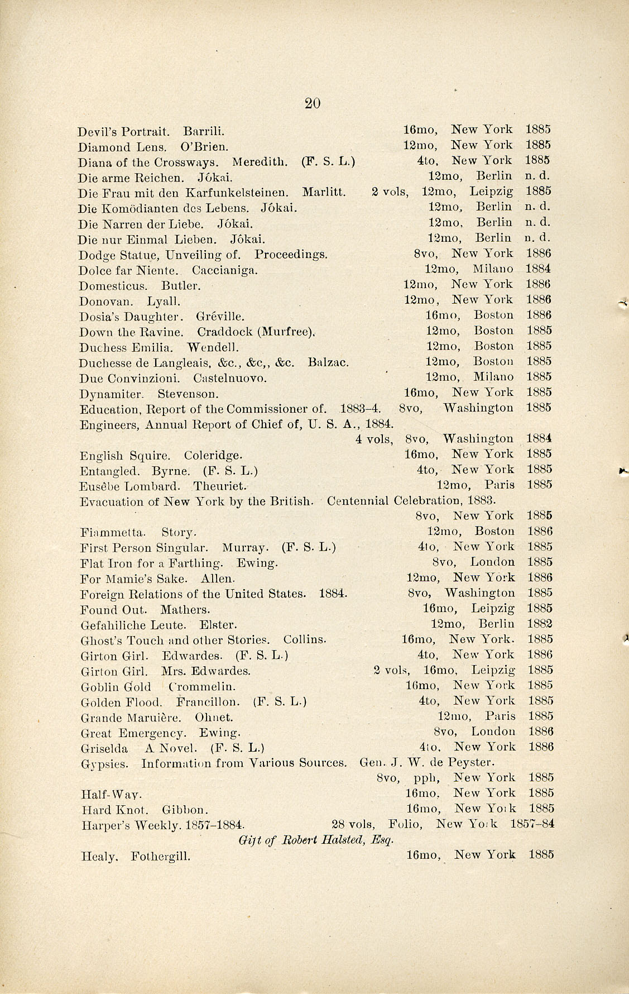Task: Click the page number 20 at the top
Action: (x=313, y=103)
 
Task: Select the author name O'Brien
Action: (x=204, y=147)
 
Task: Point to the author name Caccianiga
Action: (x=224, y=271)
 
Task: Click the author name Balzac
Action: (x=328, y=362)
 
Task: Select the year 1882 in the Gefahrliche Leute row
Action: (x=540, y=624)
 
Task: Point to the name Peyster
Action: (x=473, y=762)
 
